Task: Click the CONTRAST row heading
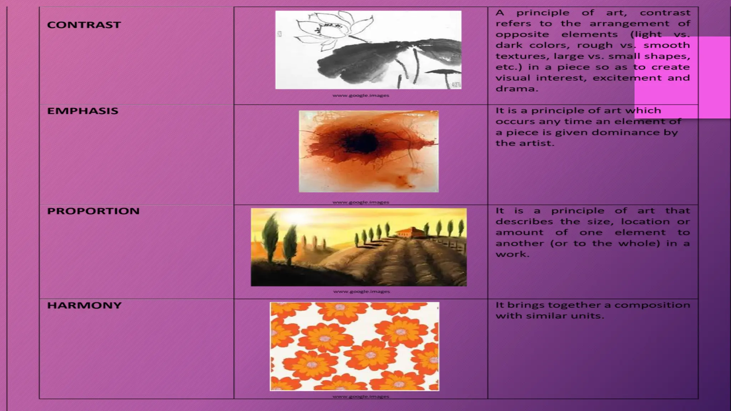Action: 84,25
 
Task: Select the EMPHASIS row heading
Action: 82,111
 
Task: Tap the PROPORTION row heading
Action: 93,211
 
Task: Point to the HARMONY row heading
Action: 84,305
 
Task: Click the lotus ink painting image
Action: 368,50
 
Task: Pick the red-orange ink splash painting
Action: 368,151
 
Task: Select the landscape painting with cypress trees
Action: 358,247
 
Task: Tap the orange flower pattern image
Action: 354,346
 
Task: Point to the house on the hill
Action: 410,232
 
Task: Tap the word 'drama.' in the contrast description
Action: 516,89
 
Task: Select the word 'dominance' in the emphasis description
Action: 633,132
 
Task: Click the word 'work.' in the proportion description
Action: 512,254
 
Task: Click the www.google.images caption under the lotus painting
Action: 361,96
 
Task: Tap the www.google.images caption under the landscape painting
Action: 361,291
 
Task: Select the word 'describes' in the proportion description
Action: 524,222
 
